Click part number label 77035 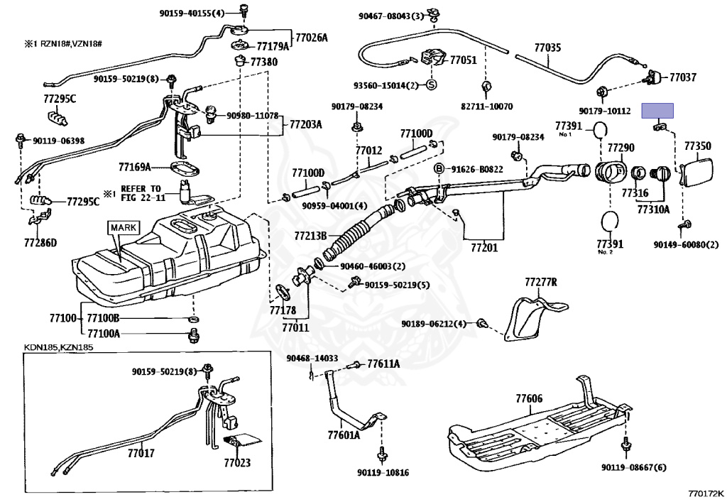pos(547,48)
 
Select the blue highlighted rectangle pos(657,110)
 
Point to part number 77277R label pos(541,283)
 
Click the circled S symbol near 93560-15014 pos(431,84)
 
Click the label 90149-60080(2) pos(686,245)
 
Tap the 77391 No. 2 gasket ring pos(609,220)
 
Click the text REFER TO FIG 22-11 pos(139,195)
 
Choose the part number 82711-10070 pos(486,107)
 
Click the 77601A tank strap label pos(344,435)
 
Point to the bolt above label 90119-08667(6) pos(625,444)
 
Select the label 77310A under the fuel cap pos(653,209)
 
